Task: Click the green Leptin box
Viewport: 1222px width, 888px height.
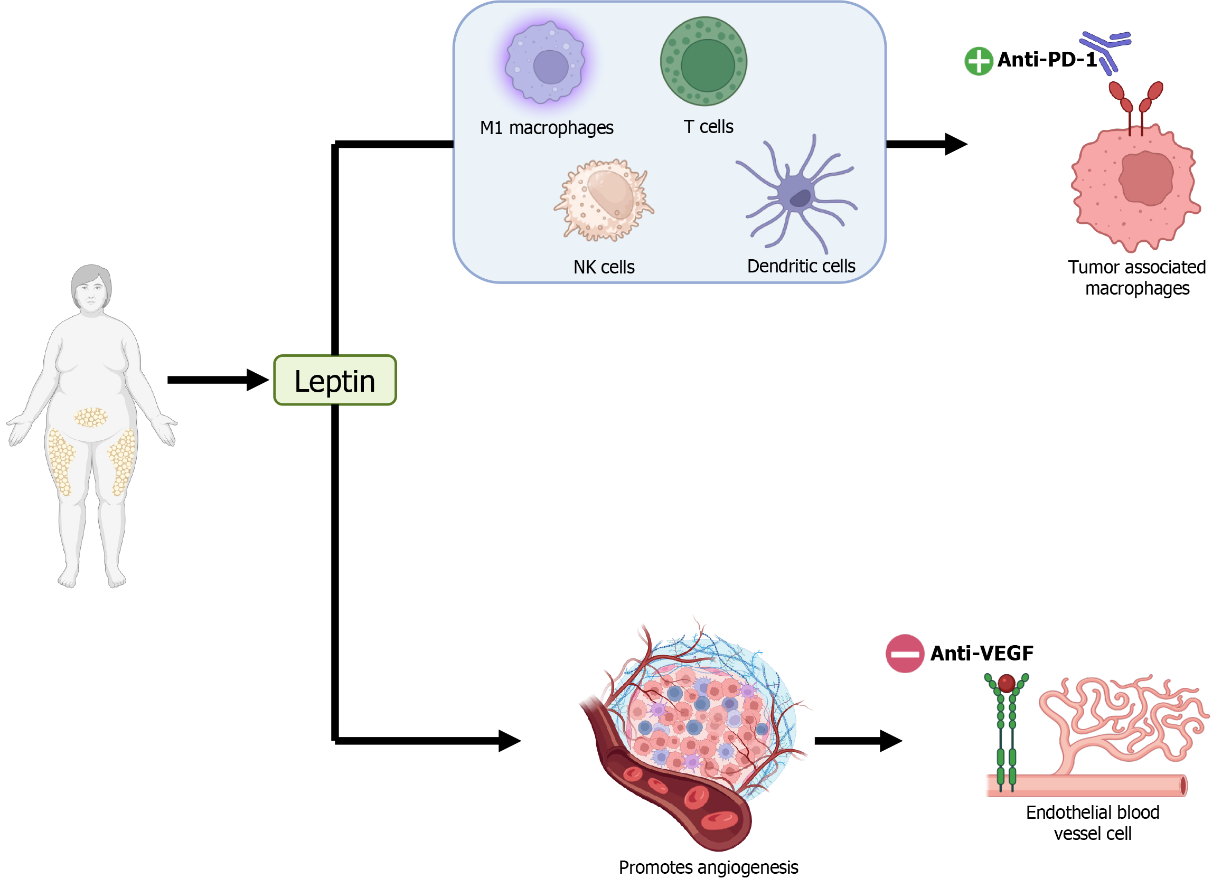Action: (335, 380)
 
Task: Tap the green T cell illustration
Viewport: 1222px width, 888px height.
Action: (703, 61)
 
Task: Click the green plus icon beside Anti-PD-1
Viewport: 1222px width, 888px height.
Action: (978, 61)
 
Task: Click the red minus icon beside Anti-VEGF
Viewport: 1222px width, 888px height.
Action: (905, 653)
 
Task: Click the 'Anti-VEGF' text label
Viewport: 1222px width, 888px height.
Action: (982, 653)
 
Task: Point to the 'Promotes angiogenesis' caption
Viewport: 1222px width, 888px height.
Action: (708, 867)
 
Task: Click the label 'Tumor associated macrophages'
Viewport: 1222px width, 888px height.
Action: (1137, 278)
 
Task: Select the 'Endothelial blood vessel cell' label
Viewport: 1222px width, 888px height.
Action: (1092, 823)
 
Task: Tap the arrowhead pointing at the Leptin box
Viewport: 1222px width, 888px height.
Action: (258, 380)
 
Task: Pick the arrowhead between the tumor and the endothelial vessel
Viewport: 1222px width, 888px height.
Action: (890, 741)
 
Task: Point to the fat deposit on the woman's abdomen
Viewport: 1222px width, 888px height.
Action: (90, 418)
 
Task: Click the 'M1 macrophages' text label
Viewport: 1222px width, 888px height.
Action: (547, 128)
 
